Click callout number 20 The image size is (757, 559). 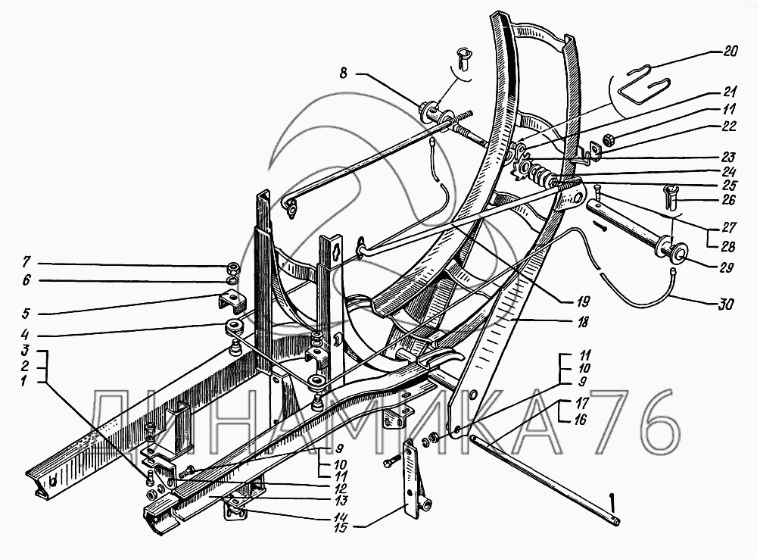pos(730,52)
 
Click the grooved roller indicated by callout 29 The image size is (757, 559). pos(671,250)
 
